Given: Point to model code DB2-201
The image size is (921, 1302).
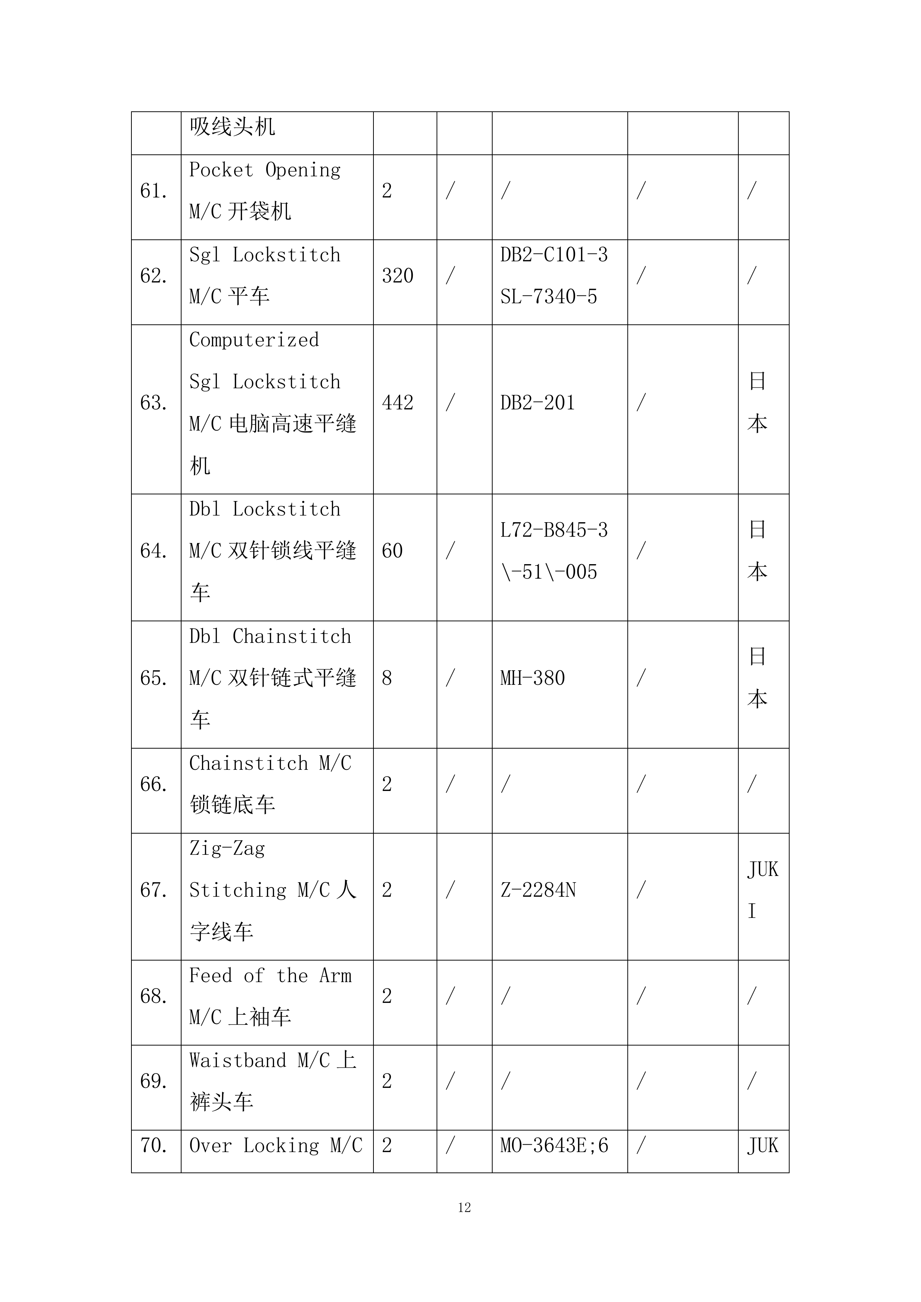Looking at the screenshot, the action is (537, 403).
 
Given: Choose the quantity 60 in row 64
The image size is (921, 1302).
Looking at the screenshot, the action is (392, 551).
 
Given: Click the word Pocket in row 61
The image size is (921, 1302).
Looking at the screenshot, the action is (221, 170).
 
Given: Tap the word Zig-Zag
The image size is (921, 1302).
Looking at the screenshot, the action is (227, 849).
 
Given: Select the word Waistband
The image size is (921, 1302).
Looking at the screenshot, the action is (238, 1060).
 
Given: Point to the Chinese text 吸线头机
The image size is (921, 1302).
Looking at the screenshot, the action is (232, 127).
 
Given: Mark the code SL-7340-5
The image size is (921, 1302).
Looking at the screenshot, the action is (548, 297).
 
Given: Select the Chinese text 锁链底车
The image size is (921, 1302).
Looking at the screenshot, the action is (232, 805).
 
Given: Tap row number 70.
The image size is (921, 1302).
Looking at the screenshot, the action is (154, 1145).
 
